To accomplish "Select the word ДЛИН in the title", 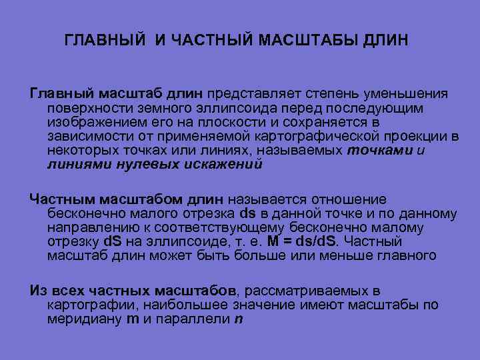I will pos(387,41).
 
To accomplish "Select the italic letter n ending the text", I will pos(239,319).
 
